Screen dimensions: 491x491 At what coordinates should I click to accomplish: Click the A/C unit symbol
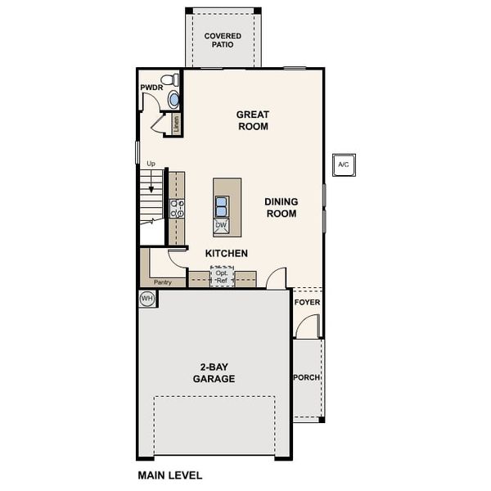click(344, 164)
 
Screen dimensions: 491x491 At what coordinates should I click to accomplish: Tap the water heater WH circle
click(146, 298)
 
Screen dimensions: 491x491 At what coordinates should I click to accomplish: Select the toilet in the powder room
click(169, 80)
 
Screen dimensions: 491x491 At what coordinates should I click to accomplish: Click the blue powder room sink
click(173, 100)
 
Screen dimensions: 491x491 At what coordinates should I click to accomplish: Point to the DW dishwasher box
click(221, 226)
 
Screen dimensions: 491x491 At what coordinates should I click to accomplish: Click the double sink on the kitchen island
click(221, 207)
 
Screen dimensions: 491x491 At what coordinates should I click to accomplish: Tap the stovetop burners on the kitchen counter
click(177, 209)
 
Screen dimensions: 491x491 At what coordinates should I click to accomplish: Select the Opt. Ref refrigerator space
click(222, 277)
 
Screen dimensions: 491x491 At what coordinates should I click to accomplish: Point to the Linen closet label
click(177, 124)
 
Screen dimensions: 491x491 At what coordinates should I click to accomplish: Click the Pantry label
click(163, 282)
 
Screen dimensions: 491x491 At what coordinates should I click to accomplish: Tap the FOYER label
click(307, 303)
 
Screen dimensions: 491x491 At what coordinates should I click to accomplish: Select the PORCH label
click(307, 377)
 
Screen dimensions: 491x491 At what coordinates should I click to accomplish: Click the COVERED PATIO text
click(223, 40)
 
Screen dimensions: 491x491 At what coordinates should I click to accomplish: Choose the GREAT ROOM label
click(253, 120)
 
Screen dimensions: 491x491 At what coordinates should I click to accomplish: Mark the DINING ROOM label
click(282, 208)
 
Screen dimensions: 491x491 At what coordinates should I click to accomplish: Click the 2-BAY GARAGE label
click(214, 373)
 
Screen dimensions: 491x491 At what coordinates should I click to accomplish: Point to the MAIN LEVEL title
click(170, 475)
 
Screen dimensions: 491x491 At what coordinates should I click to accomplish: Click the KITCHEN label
click(227, 254)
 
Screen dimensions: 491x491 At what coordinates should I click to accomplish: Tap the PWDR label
click(151, 88)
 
